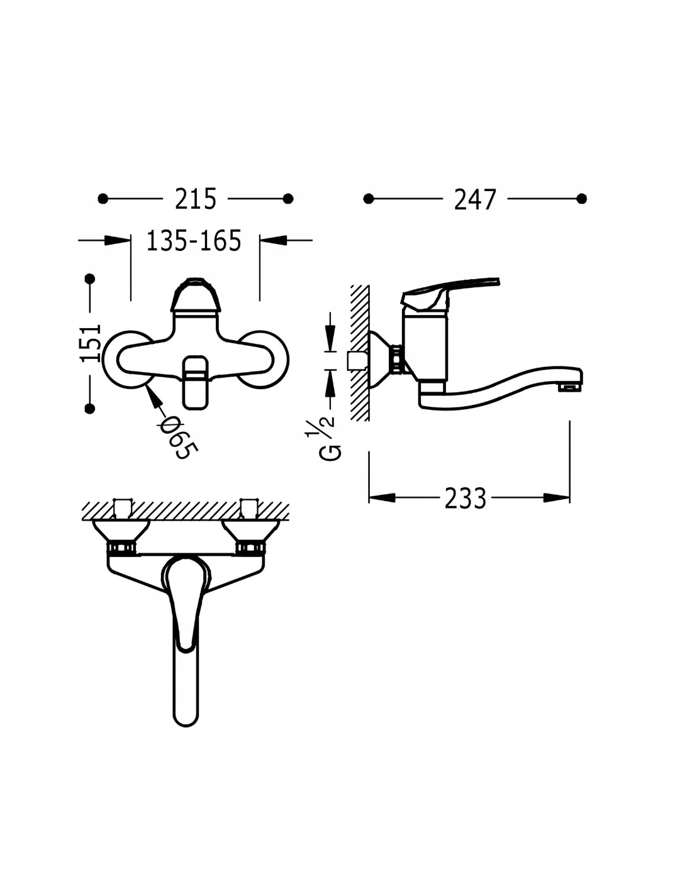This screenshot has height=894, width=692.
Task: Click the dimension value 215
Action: click(x=195, y=199)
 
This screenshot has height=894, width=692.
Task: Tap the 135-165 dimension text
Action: click(x=194, y=241)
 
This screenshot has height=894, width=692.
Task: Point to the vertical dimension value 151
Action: click(x=91, y=343)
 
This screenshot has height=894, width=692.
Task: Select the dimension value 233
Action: click(x=465, y=499)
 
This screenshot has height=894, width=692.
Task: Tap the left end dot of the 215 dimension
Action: click(x=103, y=199)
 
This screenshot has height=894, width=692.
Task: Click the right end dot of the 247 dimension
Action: click(x=581, y=199)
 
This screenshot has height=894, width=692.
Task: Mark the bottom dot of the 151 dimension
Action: click(x=89, y=409)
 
